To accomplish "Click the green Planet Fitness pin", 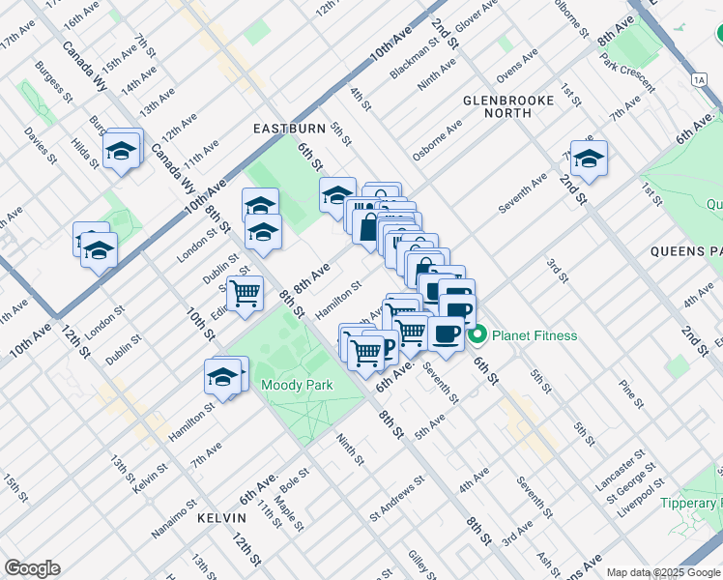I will click(x=477, y=336).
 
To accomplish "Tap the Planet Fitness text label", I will click(x=535, y=336).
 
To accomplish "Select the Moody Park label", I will click(x=297, y=385).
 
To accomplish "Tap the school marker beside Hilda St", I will click(x=123, y=151).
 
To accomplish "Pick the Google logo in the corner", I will click(x=32, y=568).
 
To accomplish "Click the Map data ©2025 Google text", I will click(x=663, y=572).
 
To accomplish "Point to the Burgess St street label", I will click(x=54, y=82).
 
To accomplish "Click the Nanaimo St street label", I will click(x=175, y=519).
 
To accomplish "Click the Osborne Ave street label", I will click(x=437, y=140).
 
